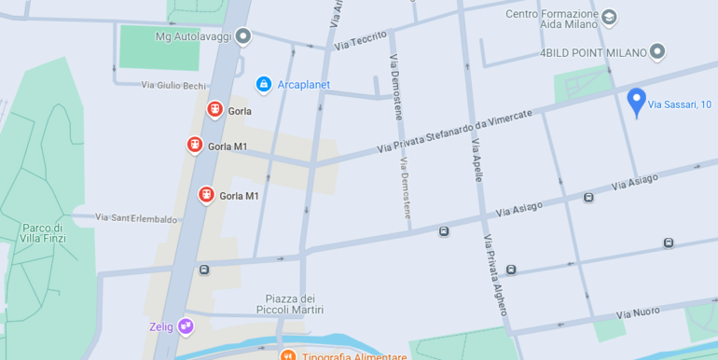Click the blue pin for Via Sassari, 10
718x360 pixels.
(x=636, y=101)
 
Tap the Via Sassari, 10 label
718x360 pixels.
(x=680, y=104)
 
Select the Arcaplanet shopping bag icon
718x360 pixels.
(x=264, y=85)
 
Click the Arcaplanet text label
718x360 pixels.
(x=304, y=85)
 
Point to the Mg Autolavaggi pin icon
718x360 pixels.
(x=243, y=36)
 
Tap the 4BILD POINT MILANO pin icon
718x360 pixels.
(x=656, y=51)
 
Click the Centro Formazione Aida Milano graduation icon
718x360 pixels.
(x=609, y=16)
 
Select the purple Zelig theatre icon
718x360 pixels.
(x=186, y=325)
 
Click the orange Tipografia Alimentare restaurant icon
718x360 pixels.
(x=287, y=356)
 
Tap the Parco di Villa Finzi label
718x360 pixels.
(x=42, y=233)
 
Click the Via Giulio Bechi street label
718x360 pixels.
(x=173, y=85)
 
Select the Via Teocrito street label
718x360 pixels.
(x=360, y=39)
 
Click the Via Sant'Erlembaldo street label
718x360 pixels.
(x=136, y=218)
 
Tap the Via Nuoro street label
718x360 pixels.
(x=638, y=312)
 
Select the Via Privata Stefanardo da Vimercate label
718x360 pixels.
(x=454, y=131)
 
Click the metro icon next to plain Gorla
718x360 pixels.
(x=214, y=110)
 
